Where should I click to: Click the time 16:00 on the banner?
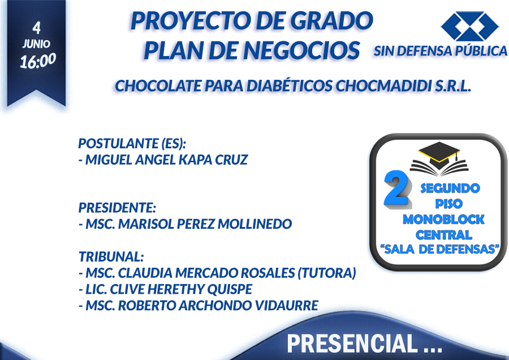pos(38,61)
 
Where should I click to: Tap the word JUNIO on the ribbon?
pos(36,44)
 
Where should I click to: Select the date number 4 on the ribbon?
pos(37,28)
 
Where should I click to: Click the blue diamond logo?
pos(470,26)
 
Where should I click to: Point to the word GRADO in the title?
pos(331,20)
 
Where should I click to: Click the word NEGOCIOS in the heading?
pos(301,51)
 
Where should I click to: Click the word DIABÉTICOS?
pos(289,85)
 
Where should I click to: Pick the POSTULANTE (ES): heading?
pos(132,143)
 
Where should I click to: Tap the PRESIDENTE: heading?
pos(117,208)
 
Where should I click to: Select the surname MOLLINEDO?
pos(255,224)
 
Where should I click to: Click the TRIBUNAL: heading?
pos(111,256)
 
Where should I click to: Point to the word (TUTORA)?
pos(326,273)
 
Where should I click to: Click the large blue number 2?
pos(396,188)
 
